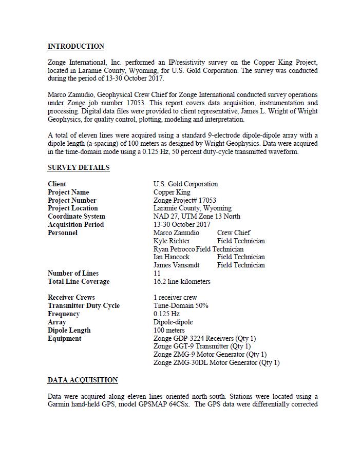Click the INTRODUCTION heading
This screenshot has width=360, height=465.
point(76,46)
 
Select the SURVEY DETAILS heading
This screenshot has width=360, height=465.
point(79,167)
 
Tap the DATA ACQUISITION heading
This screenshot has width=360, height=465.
point(83,380)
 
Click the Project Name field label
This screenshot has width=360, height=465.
point(68,192)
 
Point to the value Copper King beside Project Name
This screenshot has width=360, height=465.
point(172,192)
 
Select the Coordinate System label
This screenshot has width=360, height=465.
point(77,216)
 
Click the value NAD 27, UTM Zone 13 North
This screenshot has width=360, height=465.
point(196,216)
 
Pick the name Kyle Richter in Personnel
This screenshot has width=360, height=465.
point(172,241)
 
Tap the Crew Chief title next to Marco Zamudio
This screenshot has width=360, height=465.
point(234,232)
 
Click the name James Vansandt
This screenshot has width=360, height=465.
point(176,265)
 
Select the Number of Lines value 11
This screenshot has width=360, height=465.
point(157,273)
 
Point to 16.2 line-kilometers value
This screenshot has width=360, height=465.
point(182,281)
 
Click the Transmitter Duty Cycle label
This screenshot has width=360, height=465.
point(84,305)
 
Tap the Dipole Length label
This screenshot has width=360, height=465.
point(69,330)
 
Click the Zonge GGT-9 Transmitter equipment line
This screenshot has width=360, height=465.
point(202,346)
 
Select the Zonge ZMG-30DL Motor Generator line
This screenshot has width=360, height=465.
point(216,362)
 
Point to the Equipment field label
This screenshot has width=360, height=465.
point(65,338)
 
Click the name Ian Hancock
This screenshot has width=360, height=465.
point(172,257)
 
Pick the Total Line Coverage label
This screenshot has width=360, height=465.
point(79,281)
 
